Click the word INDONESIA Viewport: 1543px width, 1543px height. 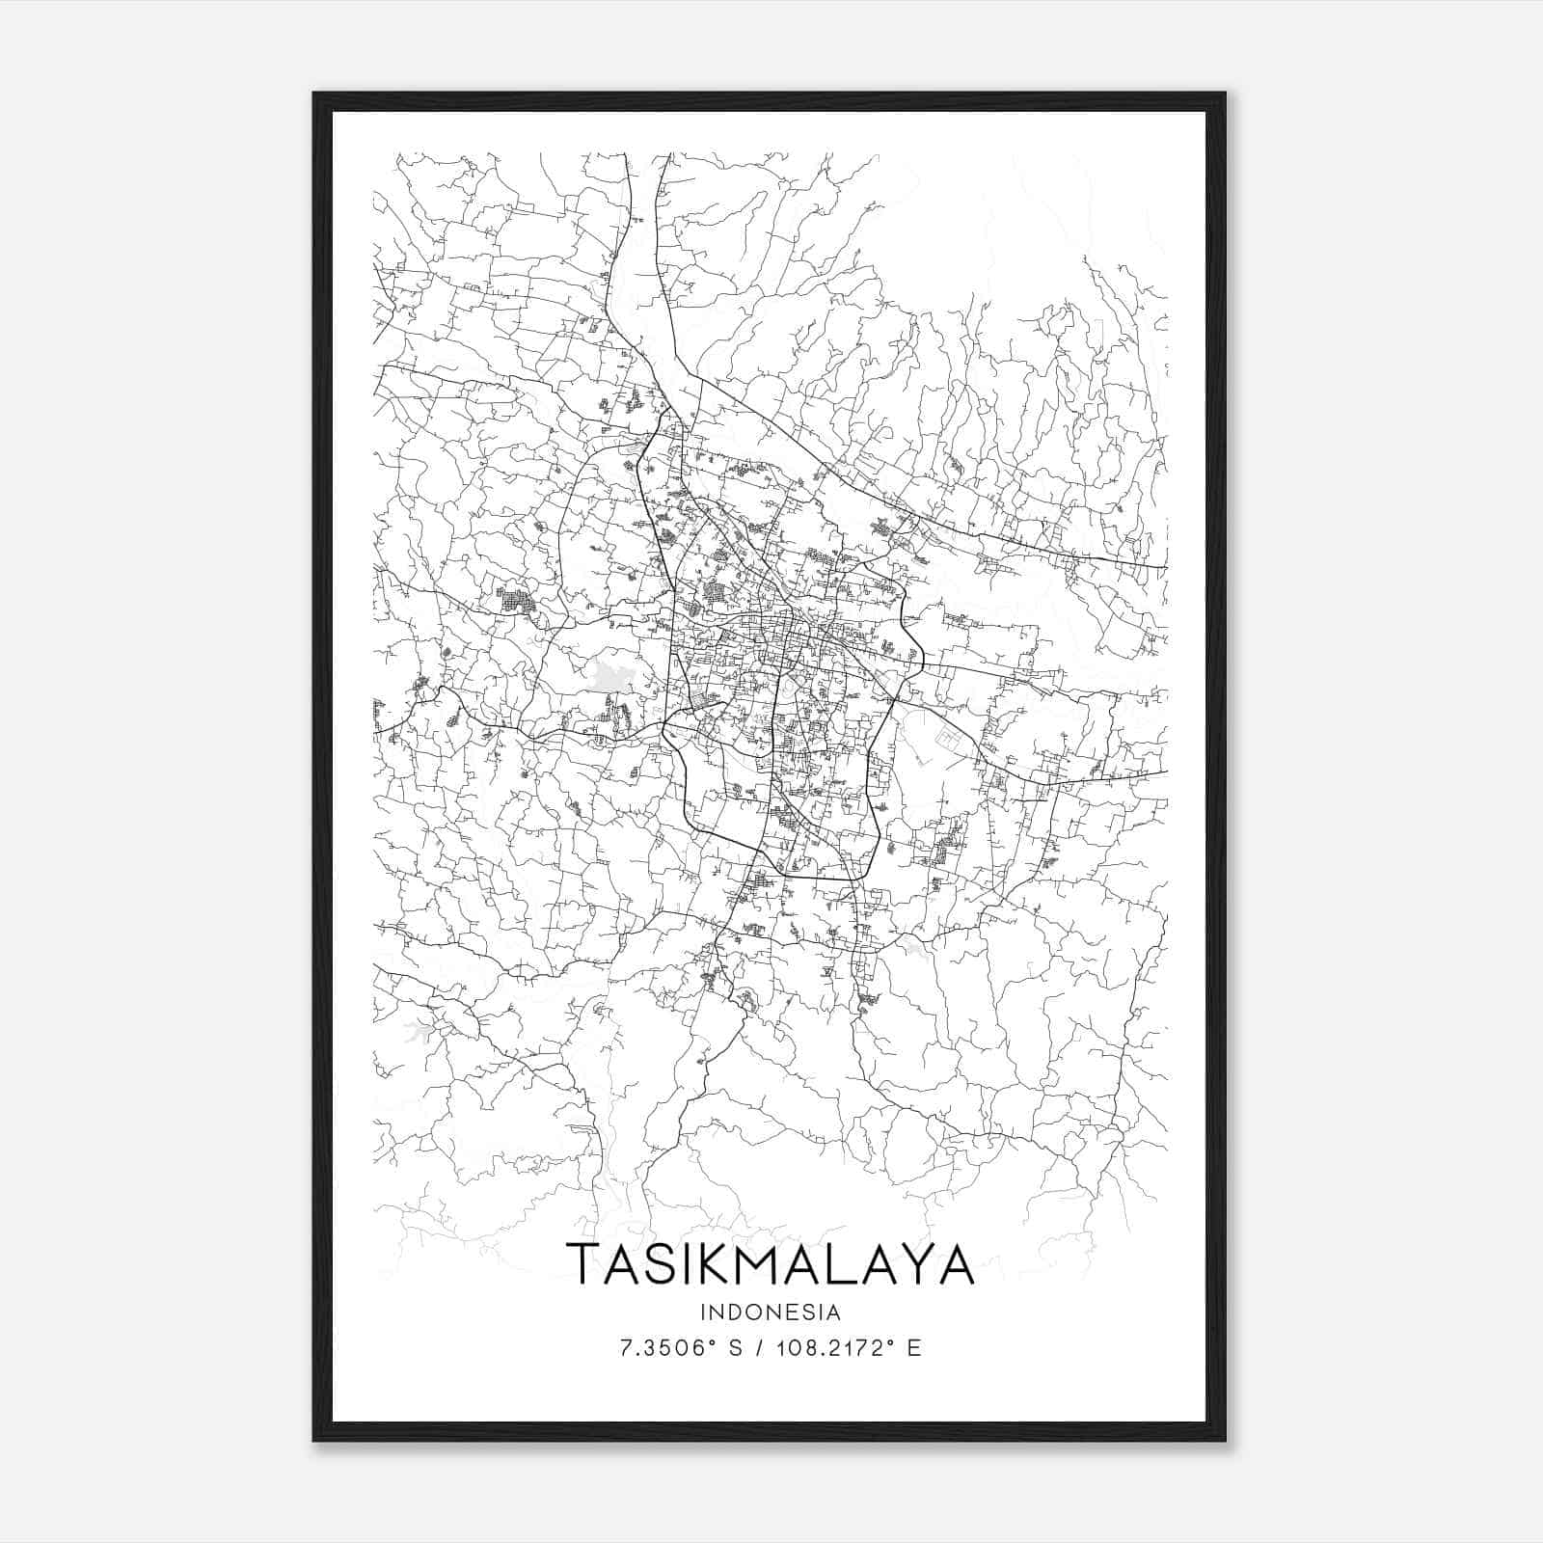click(771, 1313)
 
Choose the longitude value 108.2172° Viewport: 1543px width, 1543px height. click(834, 1348)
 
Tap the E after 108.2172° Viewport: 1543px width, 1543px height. click(914, 1348)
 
